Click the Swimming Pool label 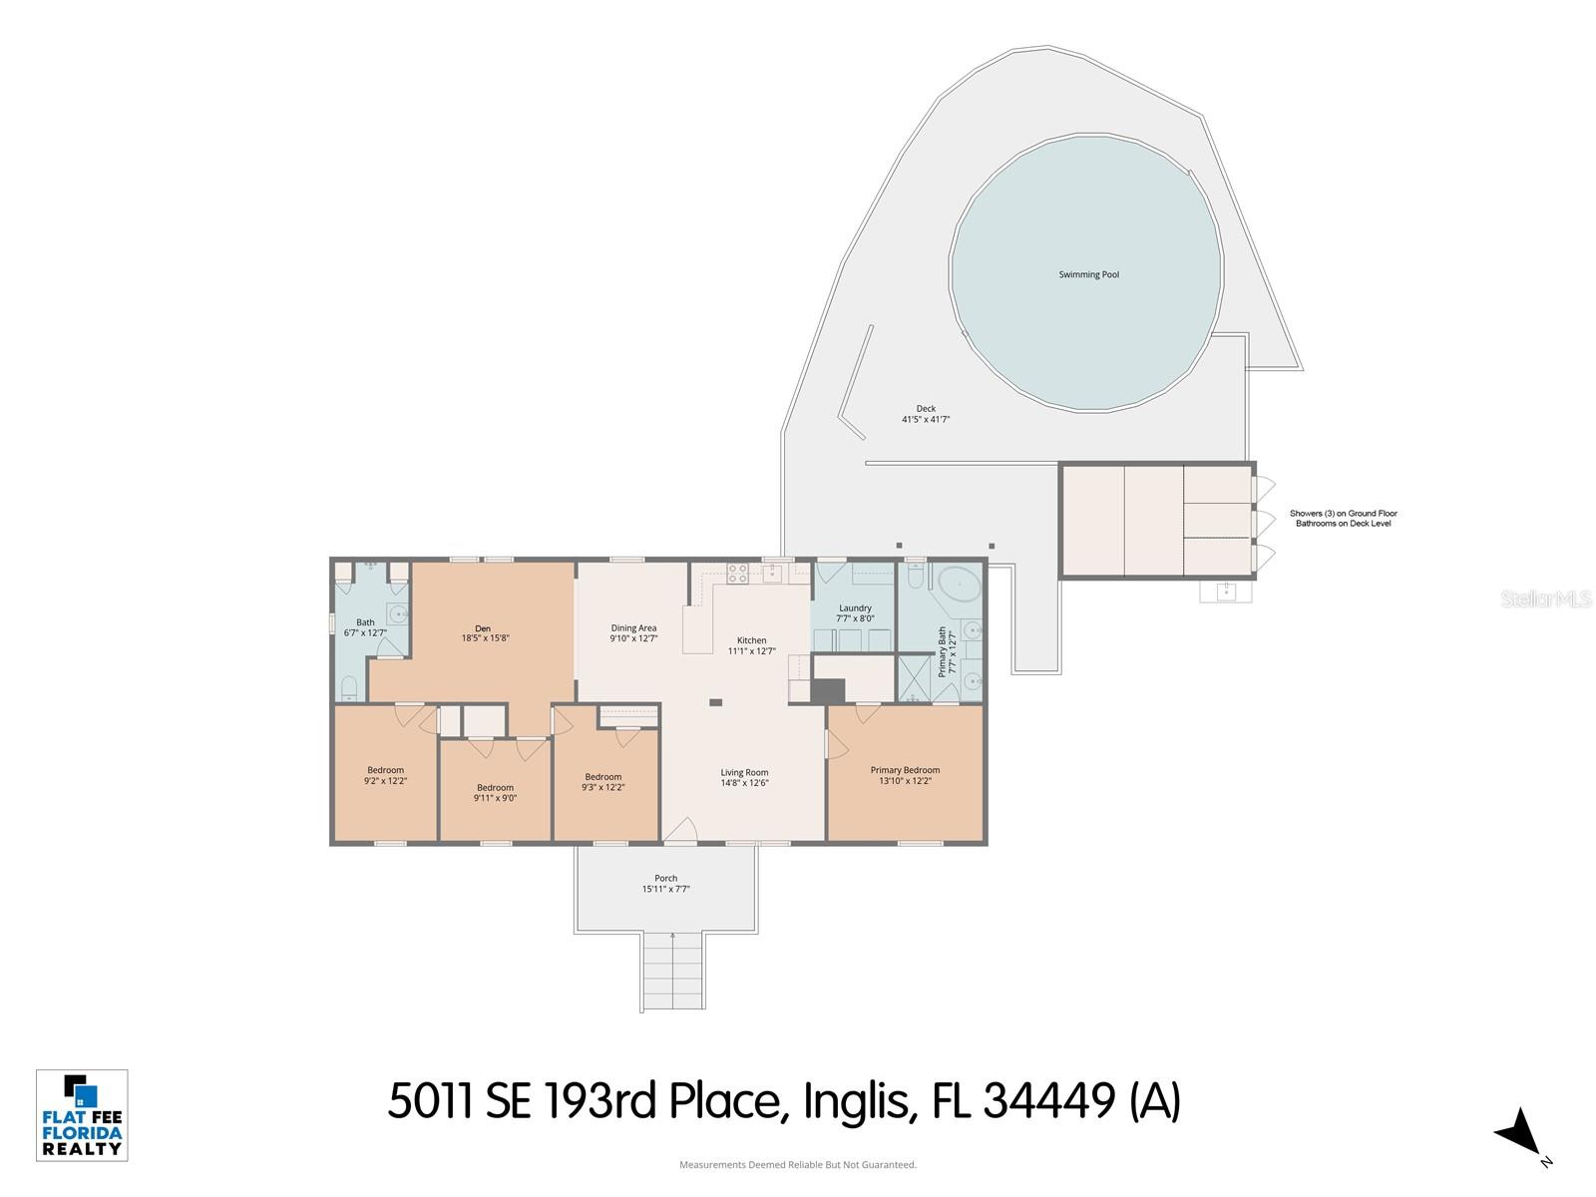tap(1088, 274)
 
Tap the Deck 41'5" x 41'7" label tap(926, 414)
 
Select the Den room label tap(485, 633)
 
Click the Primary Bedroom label tap(905, 775)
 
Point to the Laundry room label tap(855, 612)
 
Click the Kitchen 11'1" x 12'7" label tap(751, 645)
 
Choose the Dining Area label tap(633, 633)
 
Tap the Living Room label tap(744, 777)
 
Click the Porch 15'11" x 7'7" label tap(666, 884)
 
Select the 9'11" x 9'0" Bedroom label tap(495, 792)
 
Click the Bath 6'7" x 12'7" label tap(365, 627)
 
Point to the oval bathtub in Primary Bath tap(960, 581)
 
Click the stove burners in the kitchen tap(737, 574)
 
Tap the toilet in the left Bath tap(348, 687)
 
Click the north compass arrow tap(1519, 1132)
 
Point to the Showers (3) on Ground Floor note tap(1343, 519)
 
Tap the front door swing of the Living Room tap(681, 830)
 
